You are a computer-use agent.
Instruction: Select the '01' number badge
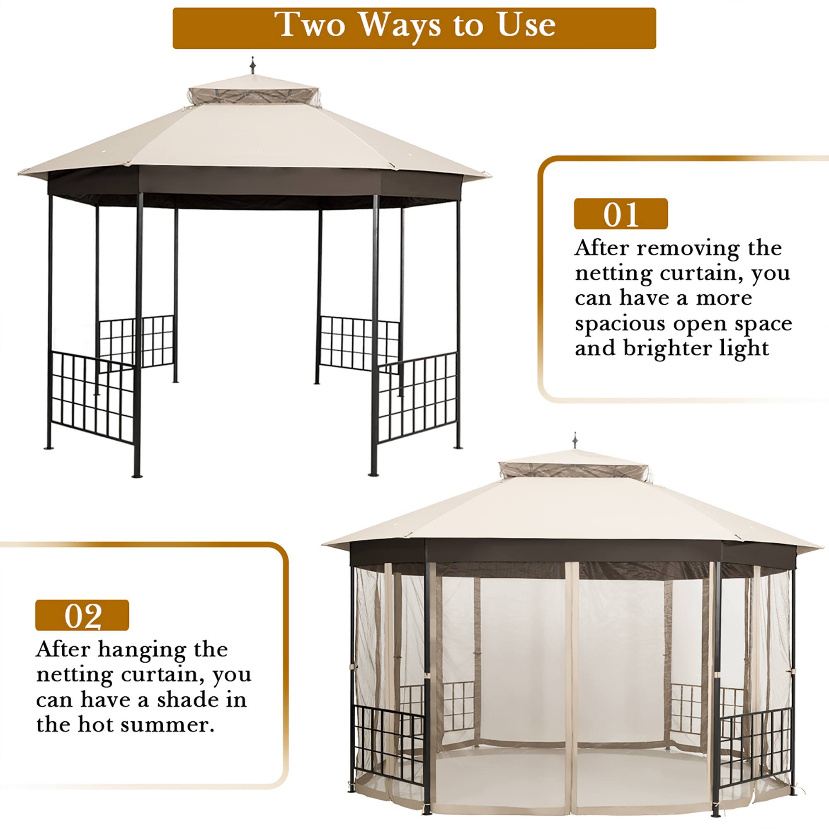pos(621,214)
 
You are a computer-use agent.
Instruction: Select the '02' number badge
pos(82,615)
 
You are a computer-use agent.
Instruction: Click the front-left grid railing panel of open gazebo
pos(94,395)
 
